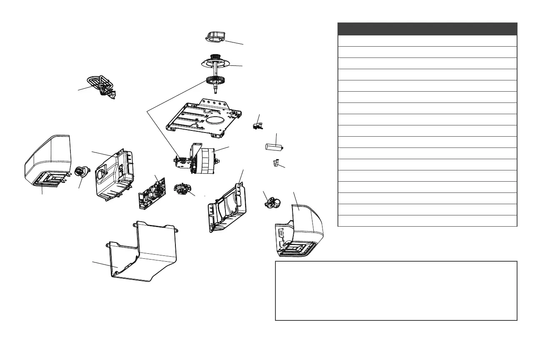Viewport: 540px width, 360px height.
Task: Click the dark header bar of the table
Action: tap(427, 29)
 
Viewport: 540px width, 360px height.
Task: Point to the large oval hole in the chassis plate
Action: tap(215, 124)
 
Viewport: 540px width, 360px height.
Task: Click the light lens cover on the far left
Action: tap(47, 160)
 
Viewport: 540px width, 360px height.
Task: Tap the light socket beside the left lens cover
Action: tap(81, 171)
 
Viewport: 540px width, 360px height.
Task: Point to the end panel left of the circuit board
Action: tap(114, 175)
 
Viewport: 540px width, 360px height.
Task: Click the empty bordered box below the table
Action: tap(396, 290)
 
